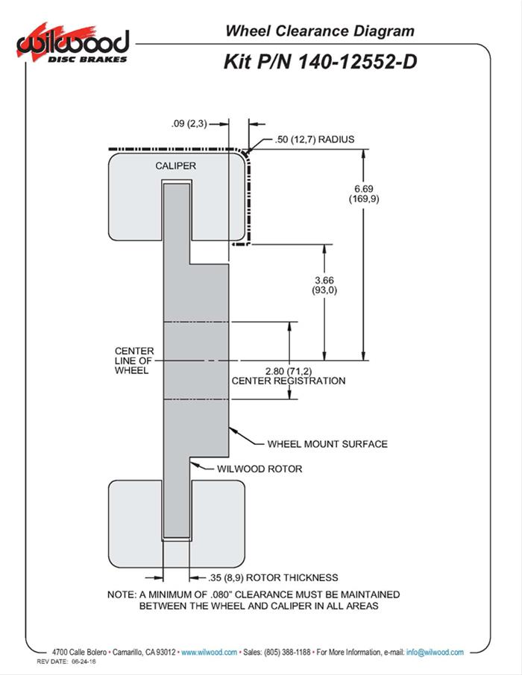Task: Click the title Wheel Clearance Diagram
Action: [x=319, y=31]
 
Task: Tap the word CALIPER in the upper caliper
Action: [x=175, y=165]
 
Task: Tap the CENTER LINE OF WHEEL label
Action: [x=134, y=361]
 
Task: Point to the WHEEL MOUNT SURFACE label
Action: [x=327, y=444]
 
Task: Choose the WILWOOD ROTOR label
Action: [x=259, y=469]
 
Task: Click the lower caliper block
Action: [x=216, y=522]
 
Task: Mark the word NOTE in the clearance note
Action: [x=122, y=595]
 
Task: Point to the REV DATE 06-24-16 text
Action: [x=64, y=662]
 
